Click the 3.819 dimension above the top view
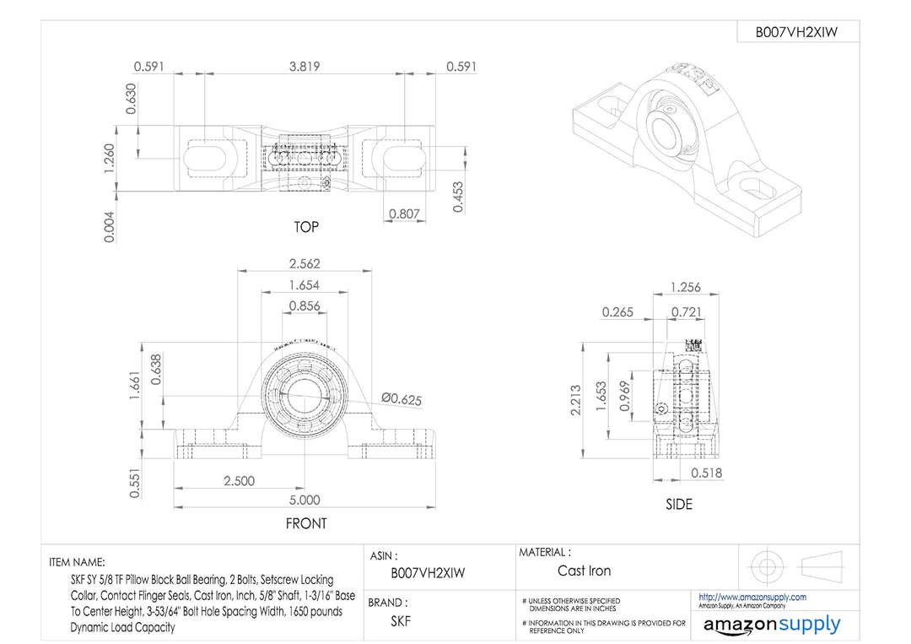304,67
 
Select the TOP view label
306,227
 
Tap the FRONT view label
306,523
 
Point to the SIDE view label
678,504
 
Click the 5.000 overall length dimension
305,500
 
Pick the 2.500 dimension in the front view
238,480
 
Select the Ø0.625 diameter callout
402,398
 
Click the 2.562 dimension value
305,263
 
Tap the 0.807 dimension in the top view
405,214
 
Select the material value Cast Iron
584,571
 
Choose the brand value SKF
401,621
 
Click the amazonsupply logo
771,625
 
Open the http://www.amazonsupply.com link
752,597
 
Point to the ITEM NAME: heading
78,562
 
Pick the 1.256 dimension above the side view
685,287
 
